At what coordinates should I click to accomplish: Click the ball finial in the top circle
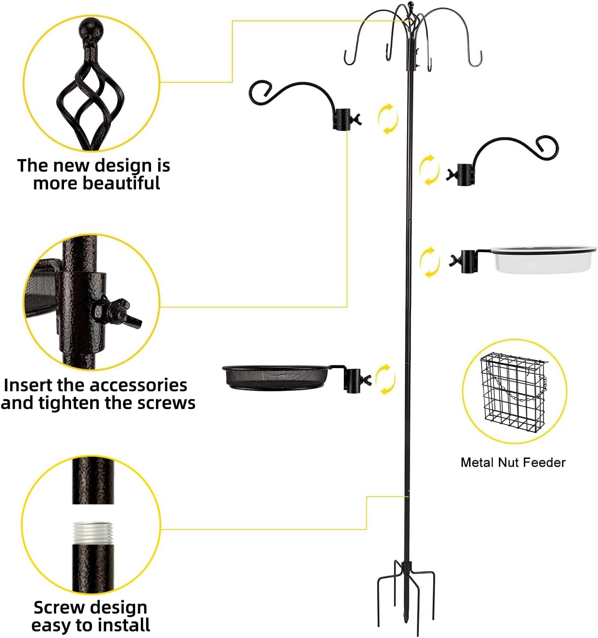[x=91, y=29]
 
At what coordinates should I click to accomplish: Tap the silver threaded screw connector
[x=93, y=532]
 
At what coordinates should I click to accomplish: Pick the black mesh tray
[x=275, y=378]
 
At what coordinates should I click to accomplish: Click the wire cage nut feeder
[x=513, y=391]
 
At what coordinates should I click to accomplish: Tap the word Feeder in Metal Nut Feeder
[x=544, y=462]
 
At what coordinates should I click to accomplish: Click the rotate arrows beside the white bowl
[x=429, y=262]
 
